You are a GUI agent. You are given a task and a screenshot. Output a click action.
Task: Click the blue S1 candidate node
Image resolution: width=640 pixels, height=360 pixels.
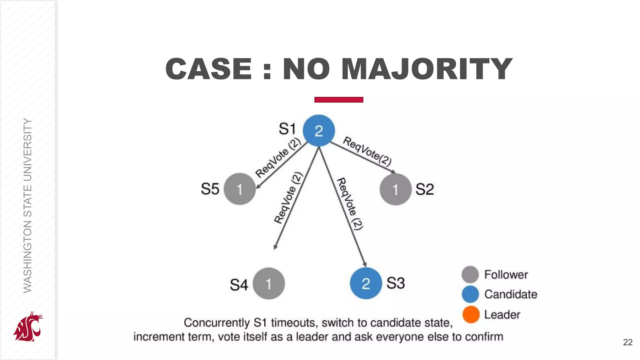319,131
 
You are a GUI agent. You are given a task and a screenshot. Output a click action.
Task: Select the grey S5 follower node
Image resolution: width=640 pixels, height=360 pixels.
240,189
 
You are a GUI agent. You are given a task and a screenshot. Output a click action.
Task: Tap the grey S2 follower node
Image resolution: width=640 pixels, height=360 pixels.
395,189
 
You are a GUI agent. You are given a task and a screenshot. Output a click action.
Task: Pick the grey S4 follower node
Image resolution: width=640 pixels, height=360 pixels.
269,283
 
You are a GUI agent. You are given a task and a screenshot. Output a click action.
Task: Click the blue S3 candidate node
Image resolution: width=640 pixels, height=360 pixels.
366,283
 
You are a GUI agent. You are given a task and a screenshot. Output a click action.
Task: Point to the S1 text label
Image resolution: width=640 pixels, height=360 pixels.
287,129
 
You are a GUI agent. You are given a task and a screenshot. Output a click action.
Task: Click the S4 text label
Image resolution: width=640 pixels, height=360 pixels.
239,285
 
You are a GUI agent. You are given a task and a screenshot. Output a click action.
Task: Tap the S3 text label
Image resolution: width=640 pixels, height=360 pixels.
396,283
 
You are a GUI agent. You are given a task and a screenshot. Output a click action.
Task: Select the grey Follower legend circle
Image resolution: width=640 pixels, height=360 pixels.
470,274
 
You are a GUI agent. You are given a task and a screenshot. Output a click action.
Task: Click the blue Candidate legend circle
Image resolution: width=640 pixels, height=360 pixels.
470,294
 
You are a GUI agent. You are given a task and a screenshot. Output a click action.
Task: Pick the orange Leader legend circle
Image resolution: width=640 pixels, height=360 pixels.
471,314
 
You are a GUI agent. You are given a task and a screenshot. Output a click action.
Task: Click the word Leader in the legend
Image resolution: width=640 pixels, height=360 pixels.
502,315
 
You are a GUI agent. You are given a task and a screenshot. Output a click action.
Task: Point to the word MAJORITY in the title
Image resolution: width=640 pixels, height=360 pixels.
427,69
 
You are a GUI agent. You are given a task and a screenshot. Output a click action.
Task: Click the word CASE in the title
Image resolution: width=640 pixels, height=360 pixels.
208,69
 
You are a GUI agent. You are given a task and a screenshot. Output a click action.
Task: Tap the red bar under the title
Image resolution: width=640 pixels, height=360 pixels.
339,100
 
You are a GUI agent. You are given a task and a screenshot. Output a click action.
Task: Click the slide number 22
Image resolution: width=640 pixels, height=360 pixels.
627,342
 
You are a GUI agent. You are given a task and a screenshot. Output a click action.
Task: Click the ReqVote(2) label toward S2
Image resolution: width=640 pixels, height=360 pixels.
367,151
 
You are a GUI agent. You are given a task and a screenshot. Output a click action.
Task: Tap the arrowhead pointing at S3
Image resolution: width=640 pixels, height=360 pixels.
365,264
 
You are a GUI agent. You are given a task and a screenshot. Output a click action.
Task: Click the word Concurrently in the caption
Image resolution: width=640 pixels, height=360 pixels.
217,322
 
